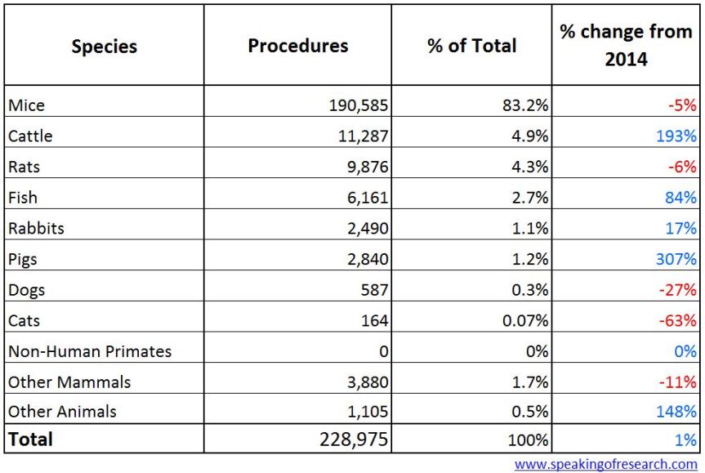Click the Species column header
pyautogui.click(x=103, y=47)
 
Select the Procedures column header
pyautogui.click(x=297, y=46)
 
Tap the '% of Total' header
pyautogui.click(x=471, y=46)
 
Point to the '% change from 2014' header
pyautogui.click(x=626, y=46)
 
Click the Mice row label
pyautogui.click(x=26, y=105)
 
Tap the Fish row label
pyautogui.click(x=23, y=198)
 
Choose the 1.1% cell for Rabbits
pyautogui.click(x=528, y=229)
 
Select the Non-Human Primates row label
pyautogui.click(x=90, y=352)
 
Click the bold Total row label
pyautogui.click(x=31, y=440)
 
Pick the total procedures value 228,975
pyautogui.click(x=352, y=440)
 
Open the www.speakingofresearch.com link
pyautogui.click(x=605, y=464)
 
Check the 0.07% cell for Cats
pyautogui.click(x=524, y=321)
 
